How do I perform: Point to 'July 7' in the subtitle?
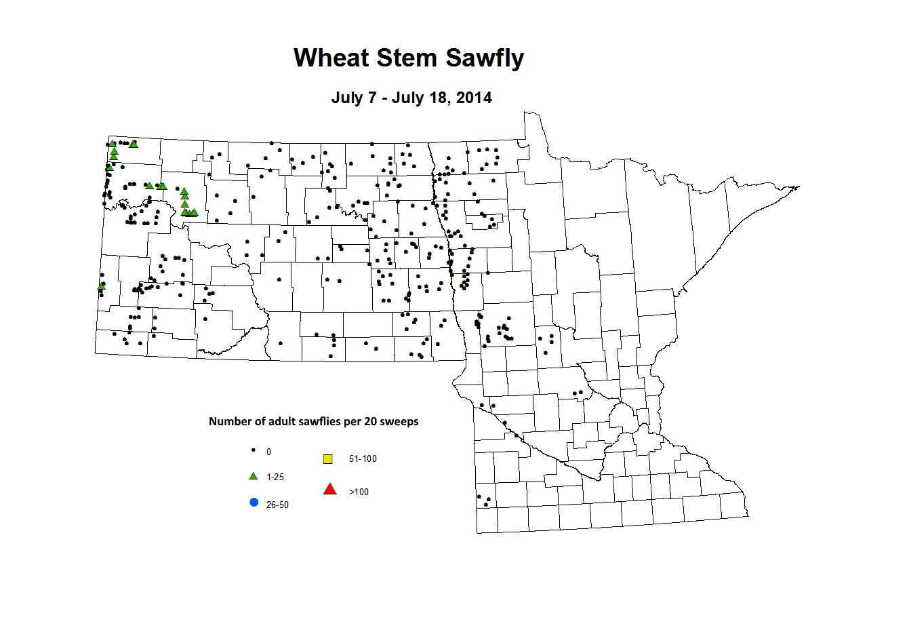353,98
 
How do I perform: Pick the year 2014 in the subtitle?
474,98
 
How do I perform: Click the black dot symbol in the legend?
254,450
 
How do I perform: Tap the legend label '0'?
268,452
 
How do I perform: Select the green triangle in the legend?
254,476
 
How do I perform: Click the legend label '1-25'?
275,477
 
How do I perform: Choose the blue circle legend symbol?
254,503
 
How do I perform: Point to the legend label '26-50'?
277,505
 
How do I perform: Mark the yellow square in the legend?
328,459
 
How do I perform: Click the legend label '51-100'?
363,458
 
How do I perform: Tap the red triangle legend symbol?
330,489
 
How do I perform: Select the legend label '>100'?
359,492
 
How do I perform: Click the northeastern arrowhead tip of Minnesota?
799,187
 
